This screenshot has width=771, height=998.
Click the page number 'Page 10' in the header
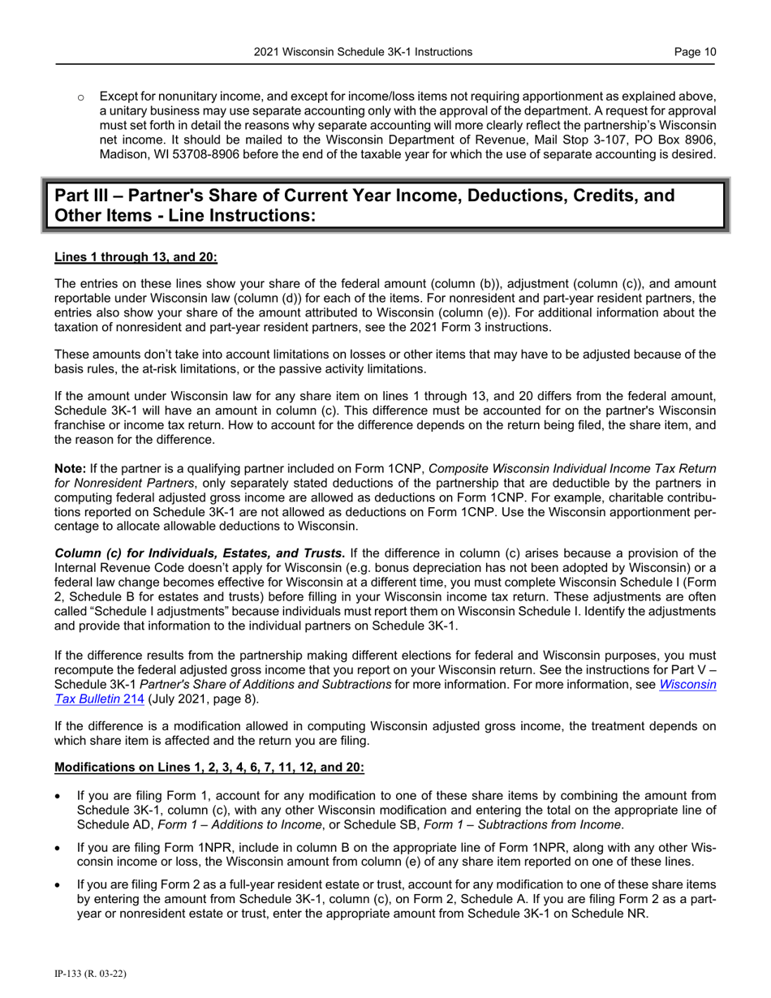point(696,52)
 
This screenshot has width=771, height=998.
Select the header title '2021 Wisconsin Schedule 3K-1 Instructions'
point(363,52)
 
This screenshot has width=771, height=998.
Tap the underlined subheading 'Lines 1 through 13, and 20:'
point(136,257)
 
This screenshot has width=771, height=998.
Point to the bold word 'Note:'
point(70,468)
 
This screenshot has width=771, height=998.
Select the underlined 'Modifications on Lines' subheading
point(209,768)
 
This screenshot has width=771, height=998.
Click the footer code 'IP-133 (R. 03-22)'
point(89,972)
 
